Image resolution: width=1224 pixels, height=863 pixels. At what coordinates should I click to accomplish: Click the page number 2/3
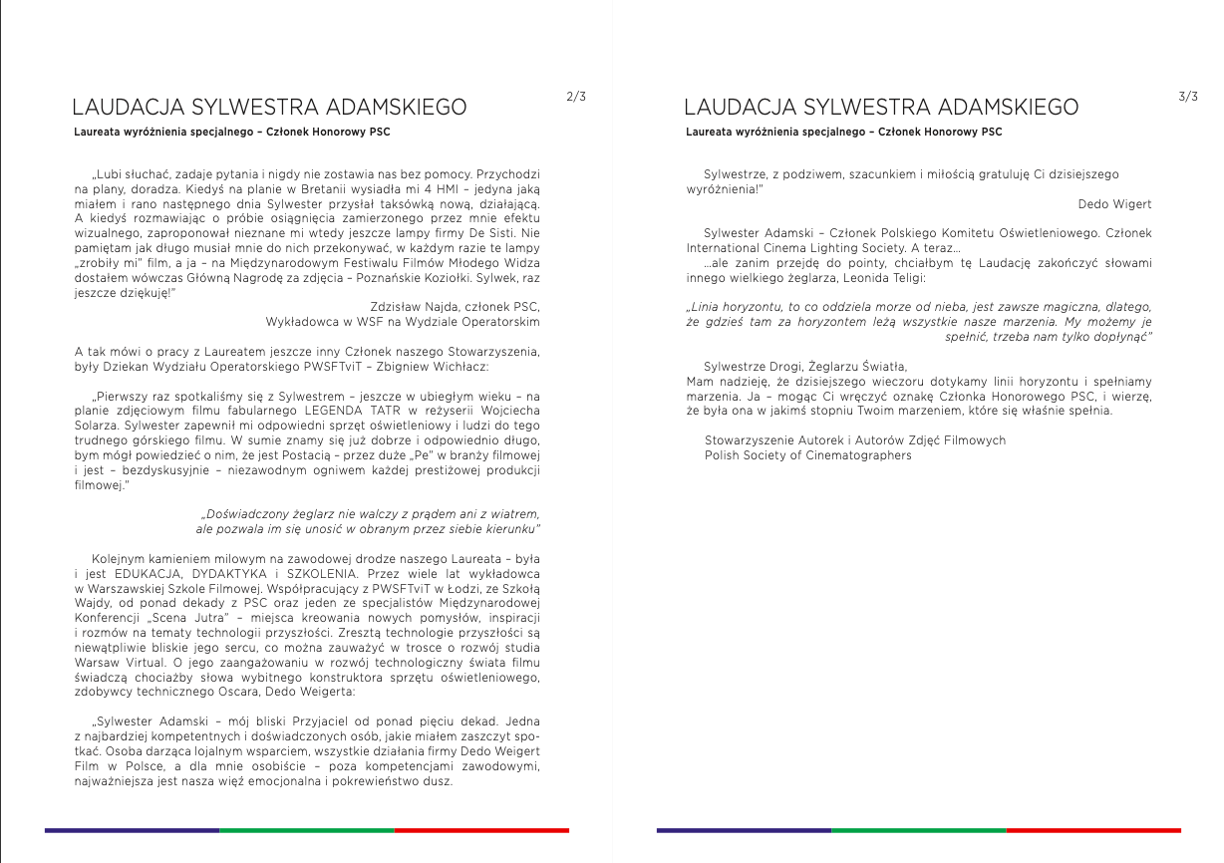pos(575,97)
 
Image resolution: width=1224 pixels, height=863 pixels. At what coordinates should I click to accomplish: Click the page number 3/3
pos(1187,97)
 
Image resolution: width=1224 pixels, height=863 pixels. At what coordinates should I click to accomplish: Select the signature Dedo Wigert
pos(1114,203)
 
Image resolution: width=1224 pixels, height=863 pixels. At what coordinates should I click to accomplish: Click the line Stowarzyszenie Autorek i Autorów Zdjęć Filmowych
pos(854,439)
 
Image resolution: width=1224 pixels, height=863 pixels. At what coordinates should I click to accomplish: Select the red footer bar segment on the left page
pos(481,830)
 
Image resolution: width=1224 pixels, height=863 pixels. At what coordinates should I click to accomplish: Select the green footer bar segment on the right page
pos(918,830)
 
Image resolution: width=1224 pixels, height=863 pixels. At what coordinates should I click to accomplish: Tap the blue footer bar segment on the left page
pos(132,830)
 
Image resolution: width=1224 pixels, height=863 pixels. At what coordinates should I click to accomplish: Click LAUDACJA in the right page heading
pos(740,108)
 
